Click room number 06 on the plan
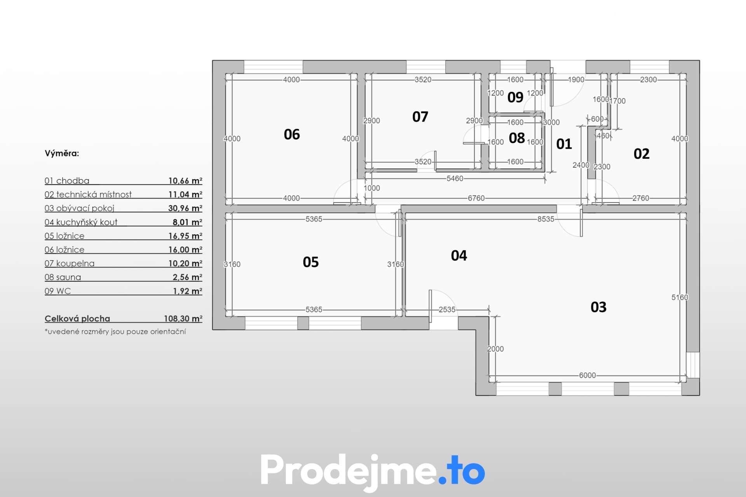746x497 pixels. [x=292, y=134]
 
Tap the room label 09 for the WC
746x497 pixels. [x=515, y=97]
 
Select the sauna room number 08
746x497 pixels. [x=517, y=138]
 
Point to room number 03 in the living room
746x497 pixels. [x=598, y=307]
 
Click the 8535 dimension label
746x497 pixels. [x=546, y=219]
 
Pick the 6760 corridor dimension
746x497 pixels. [x=476, y=198]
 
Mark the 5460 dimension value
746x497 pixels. [x=455, y=179]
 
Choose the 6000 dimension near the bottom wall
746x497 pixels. [x=587, y=375]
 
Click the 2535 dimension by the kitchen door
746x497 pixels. [x=447, y=309]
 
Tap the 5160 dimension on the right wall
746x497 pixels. [x=680, y=297]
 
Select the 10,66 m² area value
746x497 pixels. [x=185, y=181]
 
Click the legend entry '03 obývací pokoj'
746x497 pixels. [x=79, y=208]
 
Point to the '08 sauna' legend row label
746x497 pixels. [x=63, y=277]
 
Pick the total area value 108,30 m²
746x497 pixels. [x=183, y=318]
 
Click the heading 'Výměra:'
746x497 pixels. [x=62, y=153]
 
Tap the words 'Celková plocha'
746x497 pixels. [x=77, y=318]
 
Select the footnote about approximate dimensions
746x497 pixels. [x=115, y=332]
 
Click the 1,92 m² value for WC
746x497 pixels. [x=188, y=291]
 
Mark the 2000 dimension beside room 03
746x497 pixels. [x=495, y=349]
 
